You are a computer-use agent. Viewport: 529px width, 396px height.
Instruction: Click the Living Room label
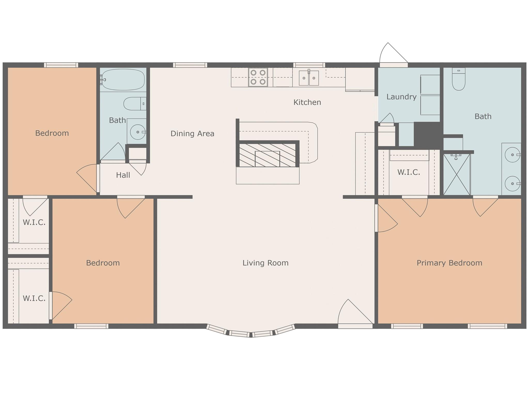265,263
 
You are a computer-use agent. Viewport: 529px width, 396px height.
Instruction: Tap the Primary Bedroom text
449,263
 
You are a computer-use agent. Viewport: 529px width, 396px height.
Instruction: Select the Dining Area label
192,134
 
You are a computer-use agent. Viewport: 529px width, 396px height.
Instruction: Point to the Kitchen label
307,102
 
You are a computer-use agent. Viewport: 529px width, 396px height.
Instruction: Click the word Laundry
401,97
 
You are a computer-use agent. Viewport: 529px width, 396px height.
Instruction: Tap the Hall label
123,175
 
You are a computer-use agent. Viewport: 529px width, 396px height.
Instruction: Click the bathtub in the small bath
123,79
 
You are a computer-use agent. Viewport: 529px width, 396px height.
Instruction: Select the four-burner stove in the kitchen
258,77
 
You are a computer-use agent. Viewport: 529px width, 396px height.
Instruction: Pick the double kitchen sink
309,78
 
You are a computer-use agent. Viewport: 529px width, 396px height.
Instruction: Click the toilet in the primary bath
458,79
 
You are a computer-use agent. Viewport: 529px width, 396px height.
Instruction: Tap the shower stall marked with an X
457,174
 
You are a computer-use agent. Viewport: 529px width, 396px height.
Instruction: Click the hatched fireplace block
267,155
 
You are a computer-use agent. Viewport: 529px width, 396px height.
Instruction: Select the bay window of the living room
251,331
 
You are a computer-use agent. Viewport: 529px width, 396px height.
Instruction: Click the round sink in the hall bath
137,132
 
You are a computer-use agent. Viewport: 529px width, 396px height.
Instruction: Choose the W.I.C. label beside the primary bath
409,172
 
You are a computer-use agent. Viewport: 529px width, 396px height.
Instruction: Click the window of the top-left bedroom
61,65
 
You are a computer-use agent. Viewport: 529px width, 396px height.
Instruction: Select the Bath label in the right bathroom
483,117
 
